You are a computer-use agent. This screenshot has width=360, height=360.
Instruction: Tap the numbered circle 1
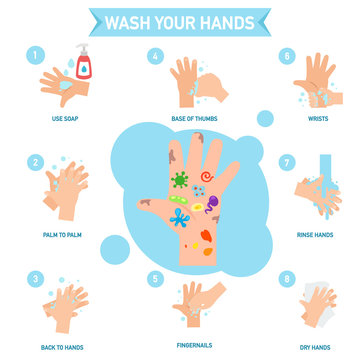tap(36, 56)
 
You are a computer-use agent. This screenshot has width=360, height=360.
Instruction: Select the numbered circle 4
tap(155, 57)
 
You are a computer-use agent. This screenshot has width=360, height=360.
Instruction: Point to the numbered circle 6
tap(286, 57)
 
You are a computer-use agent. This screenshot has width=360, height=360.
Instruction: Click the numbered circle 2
tap(36, 161)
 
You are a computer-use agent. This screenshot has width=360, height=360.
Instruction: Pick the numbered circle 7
tap(286, 161)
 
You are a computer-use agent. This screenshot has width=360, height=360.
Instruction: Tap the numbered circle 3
tap(36, 279)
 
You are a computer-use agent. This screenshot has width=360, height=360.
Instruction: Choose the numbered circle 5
tap(155, 279)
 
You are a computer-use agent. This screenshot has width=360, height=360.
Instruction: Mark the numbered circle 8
tap(286, 279)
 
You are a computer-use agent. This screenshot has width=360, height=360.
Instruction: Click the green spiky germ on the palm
tap(180, 180)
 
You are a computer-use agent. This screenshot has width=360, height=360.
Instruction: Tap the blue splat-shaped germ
tap(179, 216)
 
